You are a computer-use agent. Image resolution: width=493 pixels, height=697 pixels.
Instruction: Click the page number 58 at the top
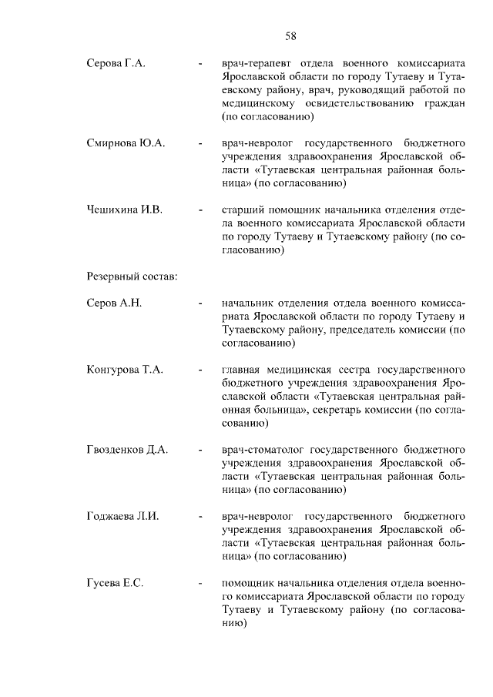click(291, 35)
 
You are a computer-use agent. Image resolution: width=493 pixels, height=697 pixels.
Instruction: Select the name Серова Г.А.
click(116, 61)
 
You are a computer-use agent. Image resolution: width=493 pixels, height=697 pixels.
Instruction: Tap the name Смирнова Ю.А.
click(126, 143)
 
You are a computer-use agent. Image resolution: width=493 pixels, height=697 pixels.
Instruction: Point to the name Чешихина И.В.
click(125, 209)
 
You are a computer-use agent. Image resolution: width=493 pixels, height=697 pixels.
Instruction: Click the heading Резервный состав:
click(132, 276)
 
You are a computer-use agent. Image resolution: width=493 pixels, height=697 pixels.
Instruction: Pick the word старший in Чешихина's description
click(242, 209)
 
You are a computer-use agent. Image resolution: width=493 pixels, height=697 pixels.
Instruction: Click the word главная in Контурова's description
click(242, 370)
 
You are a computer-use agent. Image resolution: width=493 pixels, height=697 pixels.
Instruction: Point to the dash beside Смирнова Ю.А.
click(200, 143)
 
